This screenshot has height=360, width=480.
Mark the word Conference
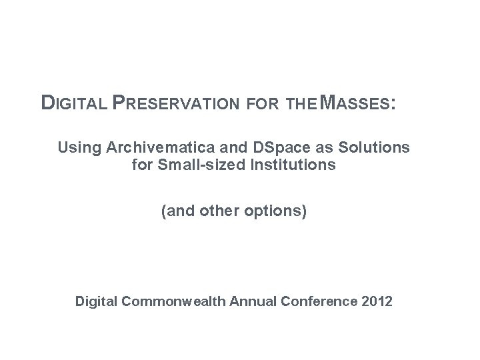[323, 302]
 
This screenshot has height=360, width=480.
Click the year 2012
[378, 302]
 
